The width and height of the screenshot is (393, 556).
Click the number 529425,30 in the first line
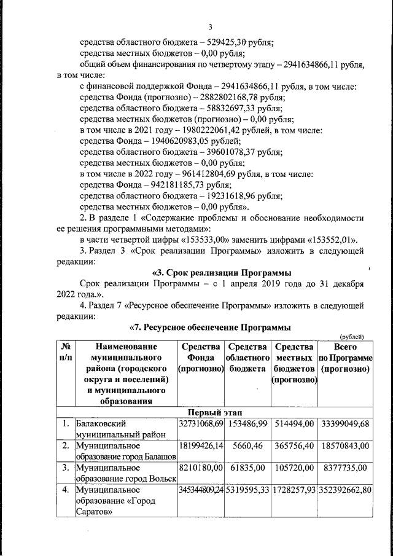point(227,43)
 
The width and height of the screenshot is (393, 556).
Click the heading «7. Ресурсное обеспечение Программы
point(210,328)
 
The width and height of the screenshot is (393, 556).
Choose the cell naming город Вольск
point(125,474)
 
